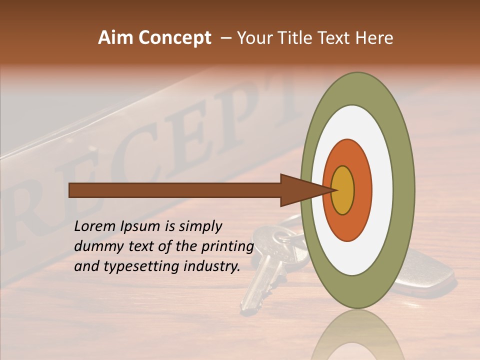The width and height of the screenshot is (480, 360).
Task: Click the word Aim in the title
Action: coord(115,38)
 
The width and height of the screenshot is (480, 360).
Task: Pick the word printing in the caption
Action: coord(227,246)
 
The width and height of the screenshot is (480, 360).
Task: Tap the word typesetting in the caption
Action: coord(142,266)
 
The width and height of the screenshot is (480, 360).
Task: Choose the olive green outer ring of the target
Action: coord(405,190)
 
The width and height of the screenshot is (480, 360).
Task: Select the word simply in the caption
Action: coord(200,226)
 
